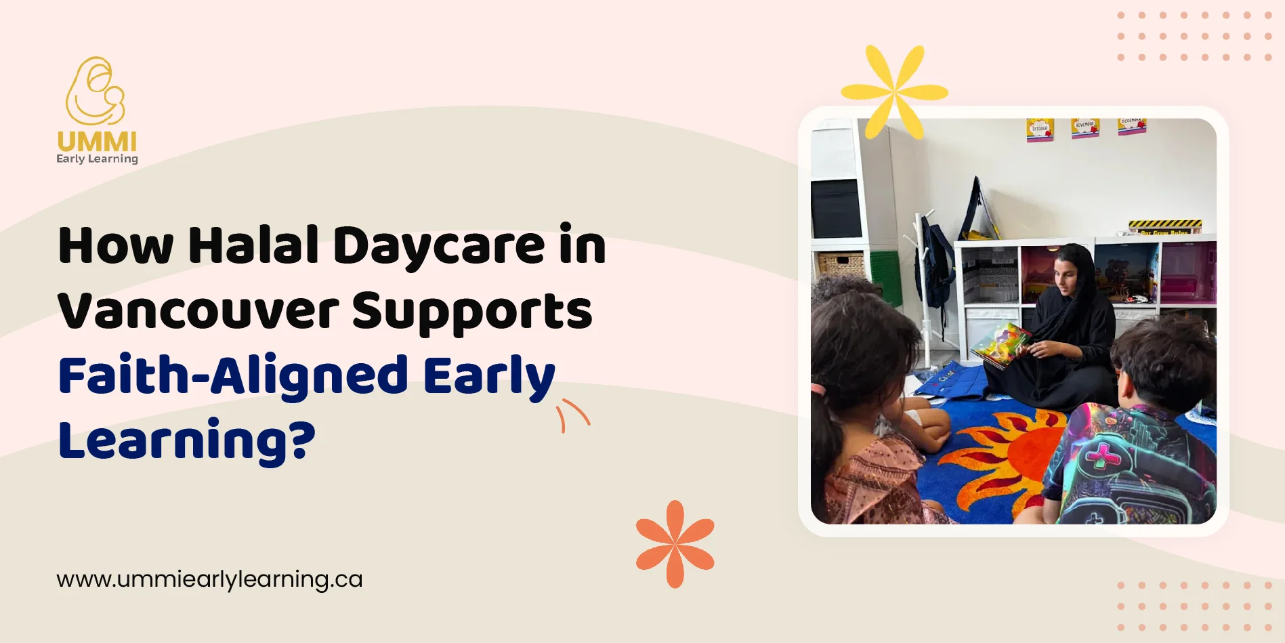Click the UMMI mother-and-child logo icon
[96, 91]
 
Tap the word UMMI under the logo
[97, 142]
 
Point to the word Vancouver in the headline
[198, 311]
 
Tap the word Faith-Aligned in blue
[233, 377]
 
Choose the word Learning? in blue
[187, 441]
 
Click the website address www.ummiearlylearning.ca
[209, 579]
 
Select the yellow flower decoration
[894, 91]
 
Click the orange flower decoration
[675, 543]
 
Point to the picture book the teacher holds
[1001, 344]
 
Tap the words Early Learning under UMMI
[97, 159]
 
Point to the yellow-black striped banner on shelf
[1165, 226]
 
